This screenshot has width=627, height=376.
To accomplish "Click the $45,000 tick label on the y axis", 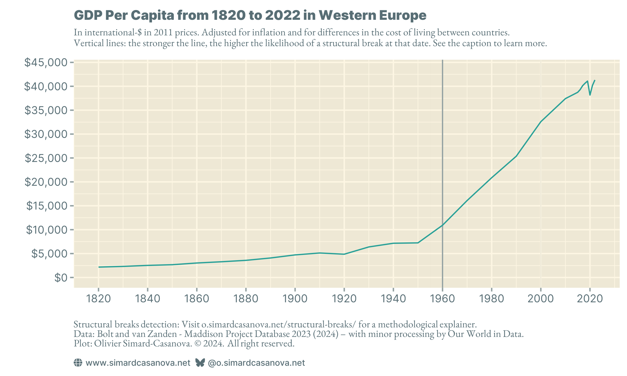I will (x=46, y=62).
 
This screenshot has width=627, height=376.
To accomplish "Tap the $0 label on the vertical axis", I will (x=61, y=278).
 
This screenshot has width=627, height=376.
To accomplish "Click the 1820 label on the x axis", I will (x=98, y=299).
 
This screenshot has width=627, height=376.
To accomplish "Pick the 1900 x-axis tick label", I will (x=295, y=299).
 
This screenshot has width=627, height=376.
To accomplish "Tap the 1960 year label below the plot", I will (x=442, y=299).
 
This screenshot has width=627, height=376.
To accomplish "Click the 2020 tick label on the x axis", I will (x=589, y=299).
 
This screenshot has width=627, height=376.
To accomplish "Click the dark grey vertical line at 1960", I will (x=442, y=152).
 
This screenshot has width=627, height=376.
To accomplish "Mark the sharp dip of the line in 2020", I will (x=590, y=95).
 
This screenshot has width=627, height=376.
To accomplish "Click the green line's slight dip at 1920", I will (x=344, y=254).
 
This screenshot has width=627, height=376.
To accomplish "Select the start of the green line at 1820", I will (x=99, y=267).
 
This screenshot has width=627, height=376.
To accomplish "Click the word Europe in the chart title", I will (x=403, y=15).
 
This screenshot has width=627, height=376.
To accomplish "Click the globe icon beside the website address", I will (x=78, y=363).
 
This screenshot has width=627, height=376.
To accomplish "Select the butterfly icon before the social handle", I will (x=200, y=363).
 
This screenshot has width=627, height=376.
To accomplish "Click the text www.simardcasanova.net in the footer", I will (x=138, y=363).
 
